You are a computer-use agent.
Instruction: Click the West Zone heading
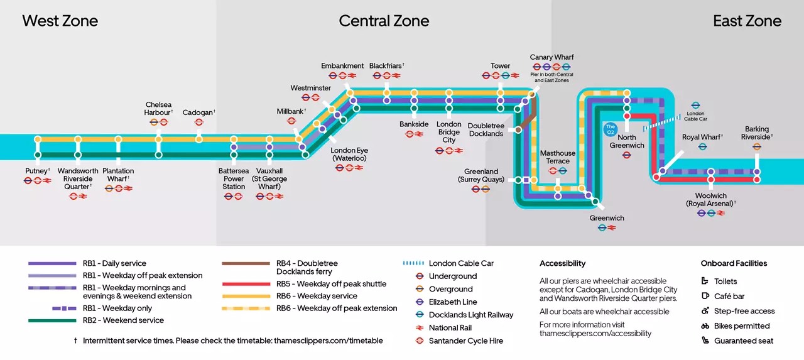coord(60,21)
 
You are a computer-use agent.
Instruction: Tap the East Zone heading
coord(747,21)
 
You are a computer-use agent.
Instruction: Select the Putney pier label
coord(36,171)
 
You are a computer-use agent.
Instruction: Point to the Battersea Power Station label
coord(234,178)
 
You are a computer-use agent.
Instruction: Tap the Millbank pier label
coord(291,111)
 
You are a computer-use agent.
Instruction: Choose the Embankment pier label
coord(342,66)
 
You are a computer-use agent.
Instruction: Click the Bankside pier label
coord(414,124)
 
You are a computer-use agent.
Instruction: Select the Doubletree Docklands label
coord(486,129)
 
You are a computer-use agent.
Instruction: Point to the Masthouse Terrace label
coord(558,157)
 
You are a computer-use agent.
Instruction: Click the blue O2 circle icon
coord(610,129)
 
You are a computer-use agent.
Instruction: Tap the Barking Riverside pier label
coord(756,133)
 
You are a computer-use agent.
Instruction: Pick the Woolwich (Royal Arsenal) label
coord(710,200)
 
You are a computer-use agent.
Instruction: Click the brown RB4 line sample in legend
coord(247,264)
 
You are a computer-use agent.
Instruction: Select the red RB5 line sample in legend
coord(247,284)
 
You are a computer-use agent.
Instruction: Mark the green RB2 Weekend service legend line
coord(53,320)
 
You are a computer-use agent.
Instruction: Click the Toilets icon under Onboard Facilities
coord(705,281)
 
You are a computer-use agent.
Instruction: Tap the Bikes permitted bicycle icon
coord(705,326)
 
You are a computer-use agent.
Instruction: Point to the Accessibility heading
coord(562,263)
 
